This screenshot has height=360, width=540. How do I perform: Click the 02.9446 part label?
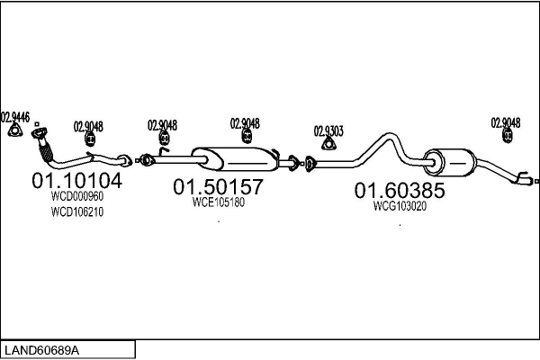coord(15,116)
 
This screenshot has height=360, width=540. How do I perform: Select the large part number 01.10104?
coord(76,181)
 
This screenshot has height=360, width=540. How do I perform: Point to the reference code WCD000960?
coord(77,196)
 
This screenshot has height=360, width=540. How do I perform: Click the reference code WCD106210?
coord(77,212)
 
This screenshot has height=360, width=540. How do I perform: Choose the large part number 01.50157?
coord(218,187)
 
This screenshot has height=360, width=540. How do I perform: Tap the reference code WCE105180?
coord(218,202)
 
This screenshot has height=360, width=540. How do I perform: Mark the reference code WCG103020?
coord(399,205)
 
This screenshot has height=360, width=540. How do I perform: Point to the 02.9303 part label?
coord(328,130)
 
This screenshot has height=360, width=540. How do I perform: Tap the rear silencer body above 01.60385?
coord(450,163)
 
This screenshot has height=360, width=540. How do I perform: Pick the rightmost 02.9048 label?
coord(505,122)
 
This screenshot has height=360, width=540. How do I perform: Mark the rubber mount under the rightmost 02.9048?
coord(507,137)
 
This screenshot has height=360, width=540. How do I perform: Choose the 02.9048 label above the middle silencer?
coord(245,123)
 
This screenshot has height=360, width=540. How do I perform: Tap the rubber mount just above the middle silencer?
coord(247,137)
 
